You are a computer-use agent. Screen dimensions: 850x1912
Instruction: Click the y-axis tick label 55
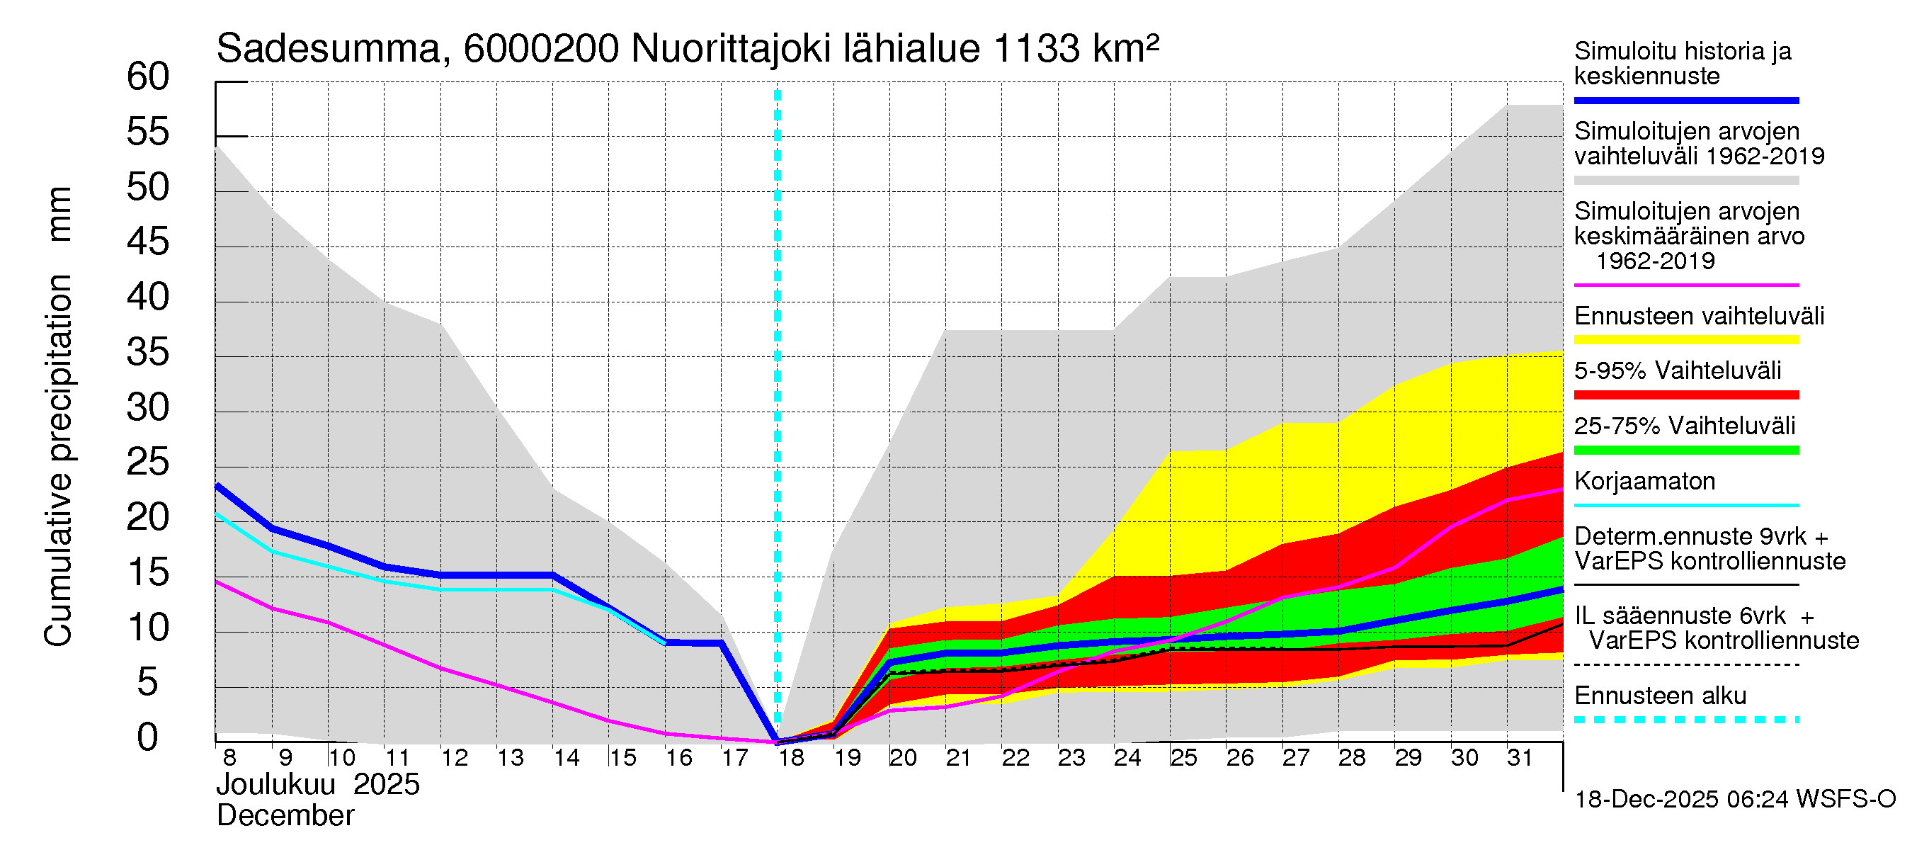[148, 132]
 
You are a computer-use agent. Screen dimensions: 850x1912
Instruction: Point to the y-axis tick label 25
[148, 463]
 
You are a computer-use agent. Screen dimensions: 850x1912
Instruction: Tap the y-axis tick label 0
[148, 737]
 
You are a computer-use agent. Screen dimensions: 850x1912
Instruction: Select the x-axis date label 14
[567, 758]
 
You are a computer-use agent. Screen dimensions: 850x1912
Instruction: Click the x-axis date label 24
[1127, 758]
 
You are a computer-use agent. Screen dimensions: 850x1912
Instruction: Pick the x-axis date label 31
[1520, 758]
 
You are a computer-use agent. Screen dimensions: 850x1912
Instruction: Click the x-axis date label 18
[791, 758]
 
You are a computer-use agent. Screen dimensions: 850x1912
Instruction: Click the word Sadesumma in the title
[328, 49]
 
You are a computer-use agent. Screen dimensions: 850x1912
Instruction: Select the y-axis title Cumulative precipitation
[58, 460]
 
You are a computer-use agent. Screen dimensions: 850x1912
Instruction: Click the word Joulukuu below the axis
[275, 785]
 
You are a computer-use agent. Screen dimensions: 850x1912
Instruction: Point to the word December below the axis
[285, 816]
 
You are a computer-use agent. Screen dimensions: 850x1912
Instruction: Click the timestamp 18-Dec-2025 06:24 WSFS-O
[1734, 800]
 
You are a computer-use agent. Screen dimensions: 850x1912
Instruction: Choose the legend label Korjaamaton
[1644, 481]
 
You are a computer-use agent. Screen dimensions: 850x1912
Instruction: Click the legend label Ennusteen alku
[1660, 696]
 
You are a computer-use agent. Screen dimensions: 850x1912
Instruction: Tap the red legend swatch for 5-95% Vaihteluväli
[1685, 395]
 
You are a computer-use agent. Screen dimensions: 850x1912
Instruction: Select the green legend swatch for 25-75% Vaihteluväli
[1685, 450]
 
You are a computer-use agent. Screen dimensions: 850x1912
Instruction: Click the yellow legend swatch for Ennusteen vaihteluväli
[1685, 340]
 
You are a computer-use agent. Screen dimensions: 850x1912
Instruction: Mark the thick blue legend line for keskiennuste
[1685, 100]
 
